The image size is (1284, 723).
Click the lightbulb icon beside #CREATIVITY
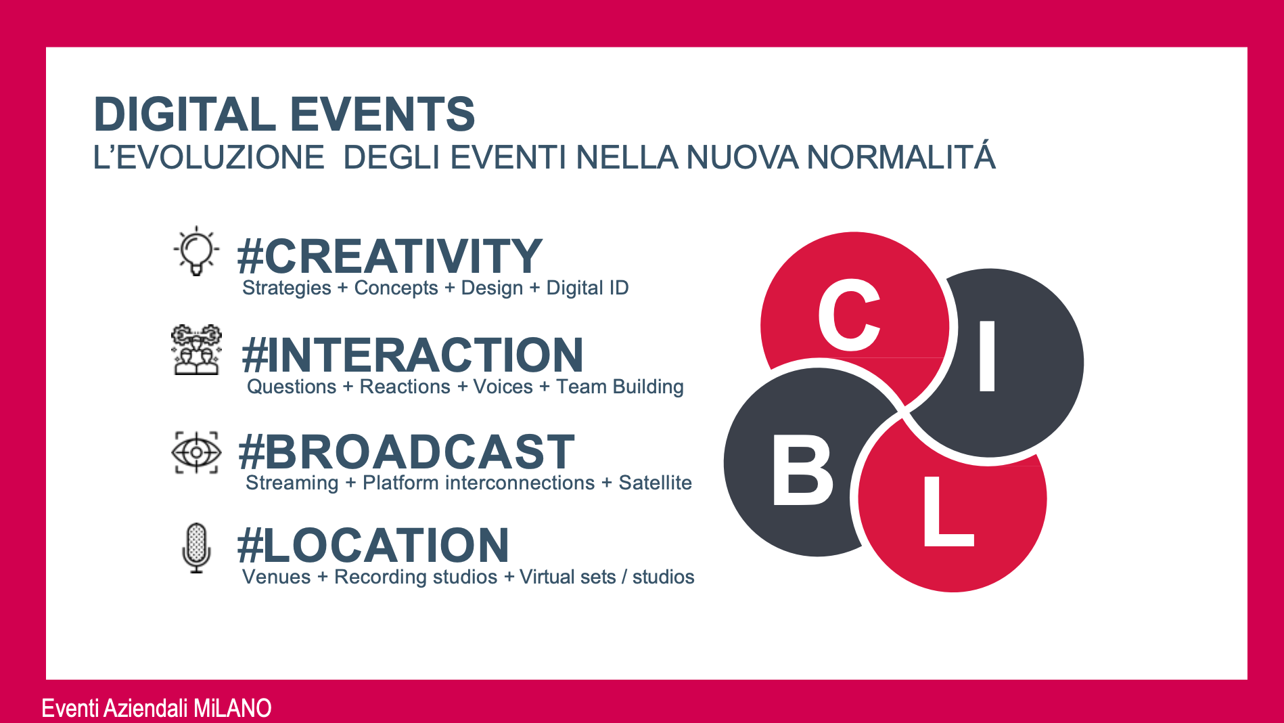point(196,251)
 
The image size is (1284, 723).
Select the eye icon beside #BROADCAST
point(196,452)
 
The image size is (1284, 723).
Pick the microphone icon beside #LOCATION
point(196,548)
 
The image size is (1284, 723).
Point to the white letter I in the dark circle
point(988,356)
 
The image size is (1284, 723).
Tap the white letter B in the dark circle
point(802,470)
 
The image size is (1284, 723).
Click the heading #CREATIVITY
point(390,256)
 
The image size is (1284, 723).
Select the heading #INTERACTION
point(413,355)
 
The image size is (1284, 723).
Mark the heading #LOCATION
point(373,546)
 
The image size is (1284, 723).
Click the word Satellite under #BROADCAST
point(655,483)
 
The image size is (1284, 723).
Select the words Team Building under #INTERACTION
point(620,387)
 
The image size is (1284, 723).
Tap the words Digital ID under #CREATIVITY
point(587,288)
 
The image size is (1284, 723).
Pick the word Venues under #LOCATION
point(276,577)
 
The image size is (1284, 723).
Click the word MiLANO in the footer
point(232,708)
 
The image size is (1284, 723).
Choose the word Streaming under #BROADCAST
point(292,483)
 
